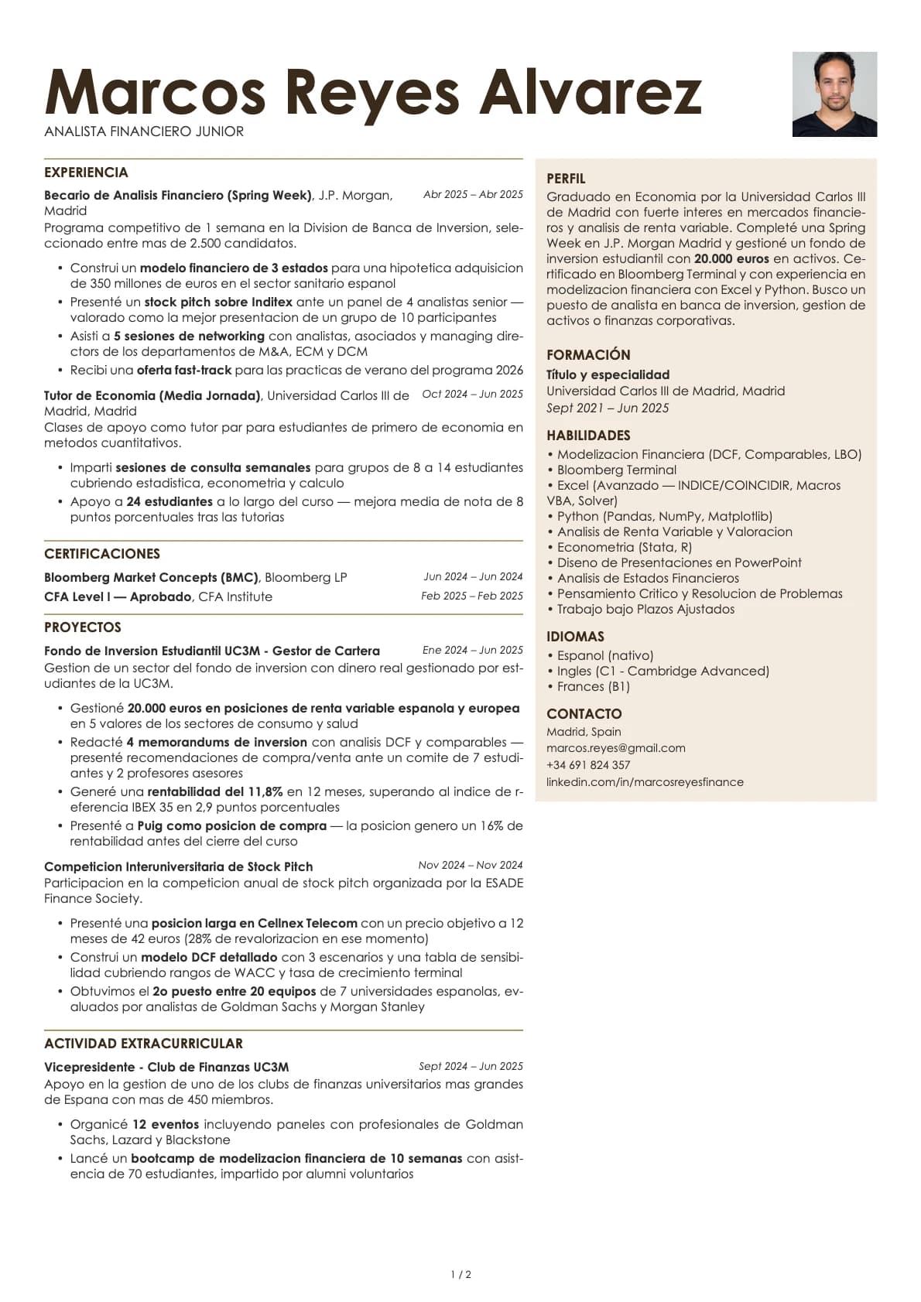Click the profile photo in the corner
(834, 94)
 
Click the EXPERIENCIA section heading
(86, 173)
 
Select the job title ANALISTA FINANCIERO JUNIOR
(144, 132)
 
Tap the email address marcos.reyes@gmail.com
(615, 748)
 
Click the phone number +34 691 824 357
(588, 765)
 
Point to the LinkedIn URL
(645, 782)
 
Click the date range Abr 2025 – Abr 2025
(473, 195)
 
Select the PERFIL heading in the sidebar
(566, 179)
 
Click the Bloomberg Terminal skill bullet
(616, 470)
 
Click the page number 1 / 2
(460, 1274)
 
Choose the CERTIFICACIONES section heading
(102, 554)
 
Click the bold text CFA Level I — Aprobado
(118, 596)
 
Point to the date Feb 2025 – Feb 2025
(472, 596)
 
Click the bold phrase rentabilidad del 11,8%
(215, 791)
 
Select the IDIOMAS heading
(575, 637)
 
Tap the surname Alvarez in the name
(591, 93)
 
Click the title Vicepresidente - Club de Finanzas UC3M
(166, 1067)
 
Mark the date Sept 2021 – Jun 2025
(608, 408)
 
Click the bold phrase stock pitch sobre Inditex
(218, 302)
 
